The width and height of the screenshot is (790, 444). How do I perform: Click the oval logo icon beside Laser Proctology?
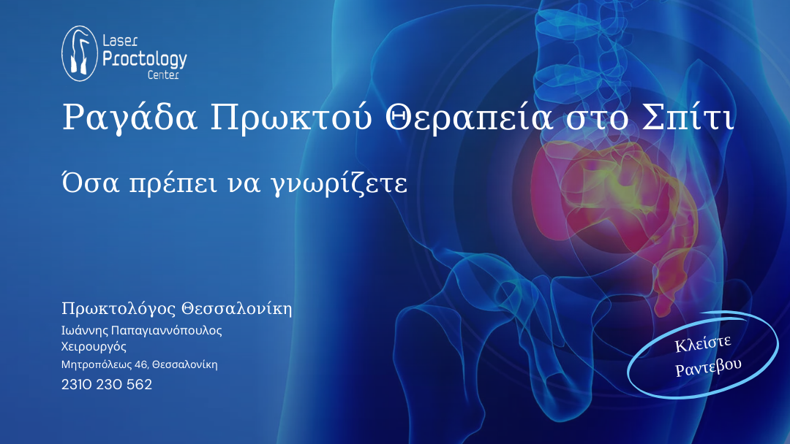pos(80,53)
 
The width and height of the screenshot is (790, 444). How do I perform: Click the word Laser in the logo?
pos(120,40)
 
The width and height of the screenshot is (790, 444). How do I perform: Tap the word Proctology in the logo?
pos(145,59)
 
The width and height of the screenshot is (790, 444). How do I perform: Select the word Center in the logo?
pos(163,75)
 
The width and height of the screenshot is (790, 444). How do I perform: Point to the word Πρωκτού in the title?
pos(291,118)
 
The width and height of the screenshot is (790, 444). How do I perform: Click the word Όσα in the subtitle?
pos(91,183)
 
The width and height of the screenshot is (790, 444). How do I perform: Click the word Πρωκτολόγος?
pos(119,309)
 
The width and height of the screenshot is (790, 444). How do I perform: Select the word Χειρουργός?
pos(94,346)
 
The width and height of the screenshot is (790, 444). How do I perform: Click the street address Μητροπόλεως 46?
pos(105,364)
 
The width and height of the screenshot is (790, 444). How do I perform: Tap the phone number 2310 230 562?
pos(107,384)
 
